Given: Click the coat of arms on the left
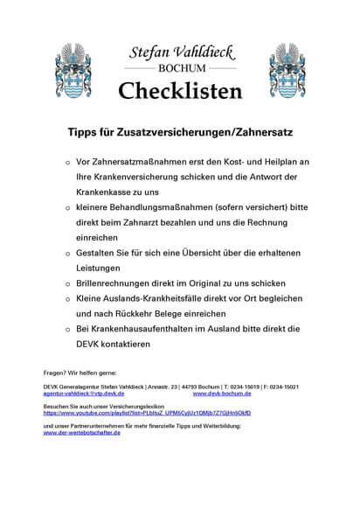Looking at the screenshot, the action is pos(72,69).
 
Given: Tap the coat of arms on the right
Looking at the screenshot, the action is pos(287,69).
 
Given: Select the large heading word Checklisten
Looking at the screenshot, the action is pos(179,89).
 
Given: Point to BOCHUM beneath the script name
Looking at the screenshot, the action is pos(179,66).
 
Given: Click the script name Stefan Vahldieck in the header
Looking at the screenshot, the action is pos(179,51).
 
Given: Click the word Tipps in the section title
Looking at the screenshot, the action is pos(86,134).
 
